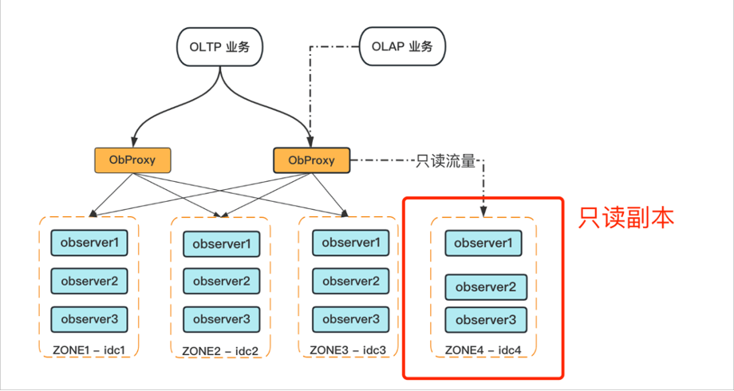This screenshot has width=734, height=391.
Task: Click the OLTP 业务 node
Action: pyautogui.click(x=220, y=46)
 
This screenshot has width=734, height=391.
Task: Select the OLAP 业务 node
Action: pyautogui.click(x=402, y=46)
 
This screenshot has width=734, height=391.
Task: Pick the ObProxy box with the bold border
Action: pyautogui.click(x=312, y=160)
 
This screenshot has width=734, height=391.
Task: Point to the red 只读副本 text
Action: pyautogui.click(x=626, y=217)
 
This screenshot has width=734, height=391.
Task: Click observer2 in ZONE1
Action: pyautogui.click(x=89, y=280)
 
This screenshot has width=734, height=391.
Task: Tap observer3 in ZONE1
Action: pyautogui.click(x=89, y=318)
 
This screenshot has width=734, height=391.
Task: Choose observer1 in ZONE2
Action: pyautogui.click(x=221, y=243)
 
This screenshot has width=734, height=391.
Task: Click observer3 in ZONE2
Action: pyautogui.click(x=221, y=319)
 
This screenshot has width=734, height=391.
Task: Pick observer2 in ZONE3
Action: pyautogui.click(x=351, y=280)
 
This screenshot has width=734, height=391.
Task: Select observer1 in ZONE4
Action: pyautogui.click(x=483, y=243)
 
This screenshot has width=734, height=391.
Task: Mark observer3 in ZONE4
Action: pyautogui.click(x=485, y=319)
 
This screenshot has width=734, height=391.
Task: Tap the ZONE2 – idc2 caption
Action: pyautogui.click(x=220, y=350)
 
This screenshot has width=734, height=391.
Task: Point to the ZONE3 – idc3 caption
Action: pyautogui.click(x=348, y=350)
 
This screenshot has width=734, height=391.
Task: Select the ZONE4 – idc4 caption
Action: pyautogui.click(x=483, y=350)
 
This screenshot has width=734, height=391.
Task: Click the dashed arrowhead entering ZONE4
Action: pyautogui.click(x=483, y=211)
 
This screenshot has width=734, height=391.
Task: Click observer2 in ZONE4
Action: pyautogui.click(x=485, y=287)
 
